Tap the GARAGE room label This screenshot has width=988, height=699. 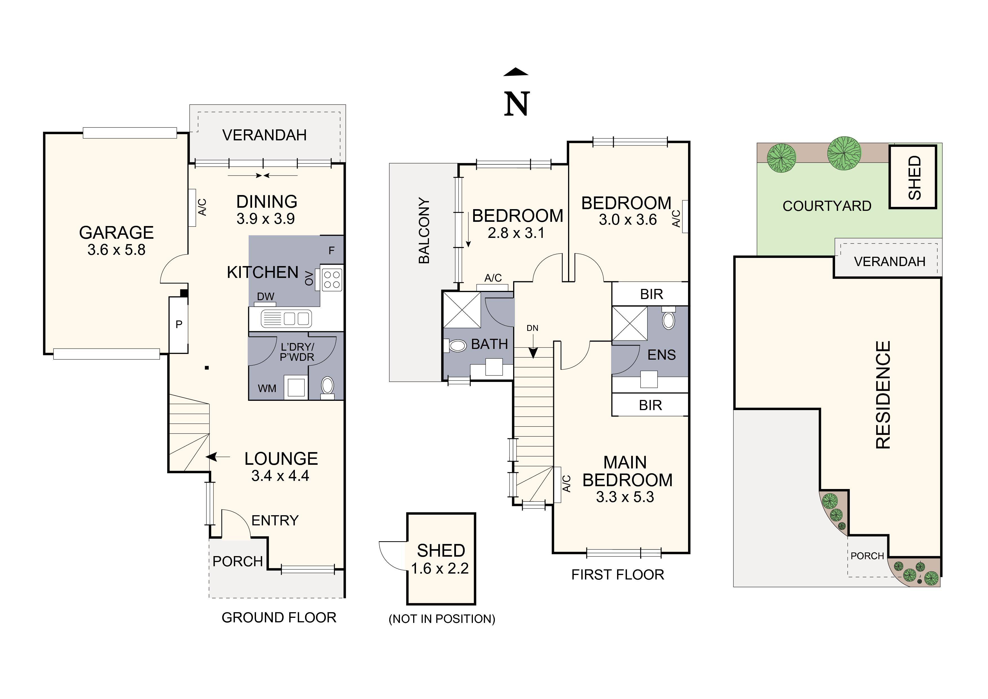(116, 233)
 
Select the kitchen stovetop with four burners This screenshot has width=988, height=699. (332, 279)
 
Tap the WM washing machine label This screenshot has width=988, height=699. (267, 388)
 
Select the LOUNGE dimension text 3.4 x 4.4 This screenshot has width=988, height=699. (280, 476)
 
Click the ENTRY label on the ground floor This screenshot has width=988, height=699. (275, 520)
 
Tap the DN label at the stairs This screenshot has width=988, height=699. (532, 328)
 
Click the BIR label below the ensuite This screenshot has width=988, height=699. (650, 405)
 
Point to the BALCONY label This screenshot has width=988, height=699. (424, 230)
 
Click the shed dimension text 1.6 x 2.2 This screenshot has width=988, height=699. (440, 569)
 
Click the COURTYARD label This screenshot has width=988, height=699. (827, 206)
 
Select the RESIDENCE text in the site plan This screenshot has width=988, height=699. (883, 395)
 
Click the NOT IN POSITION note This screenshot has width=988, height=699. (442, 619)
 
